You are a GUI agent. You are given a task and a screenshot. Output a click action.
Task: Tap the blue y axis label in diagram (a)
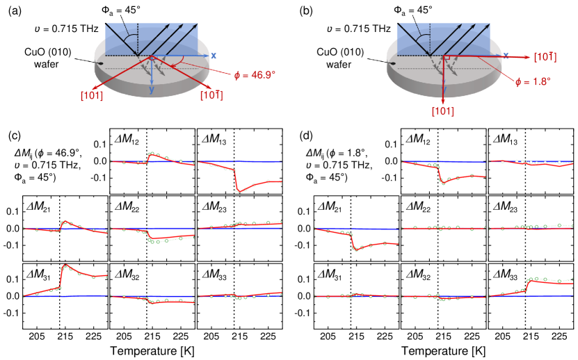tap(151, 90)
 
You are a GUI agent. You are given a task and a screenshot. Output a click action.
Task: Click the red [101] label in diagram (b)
tap(442, 111)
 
